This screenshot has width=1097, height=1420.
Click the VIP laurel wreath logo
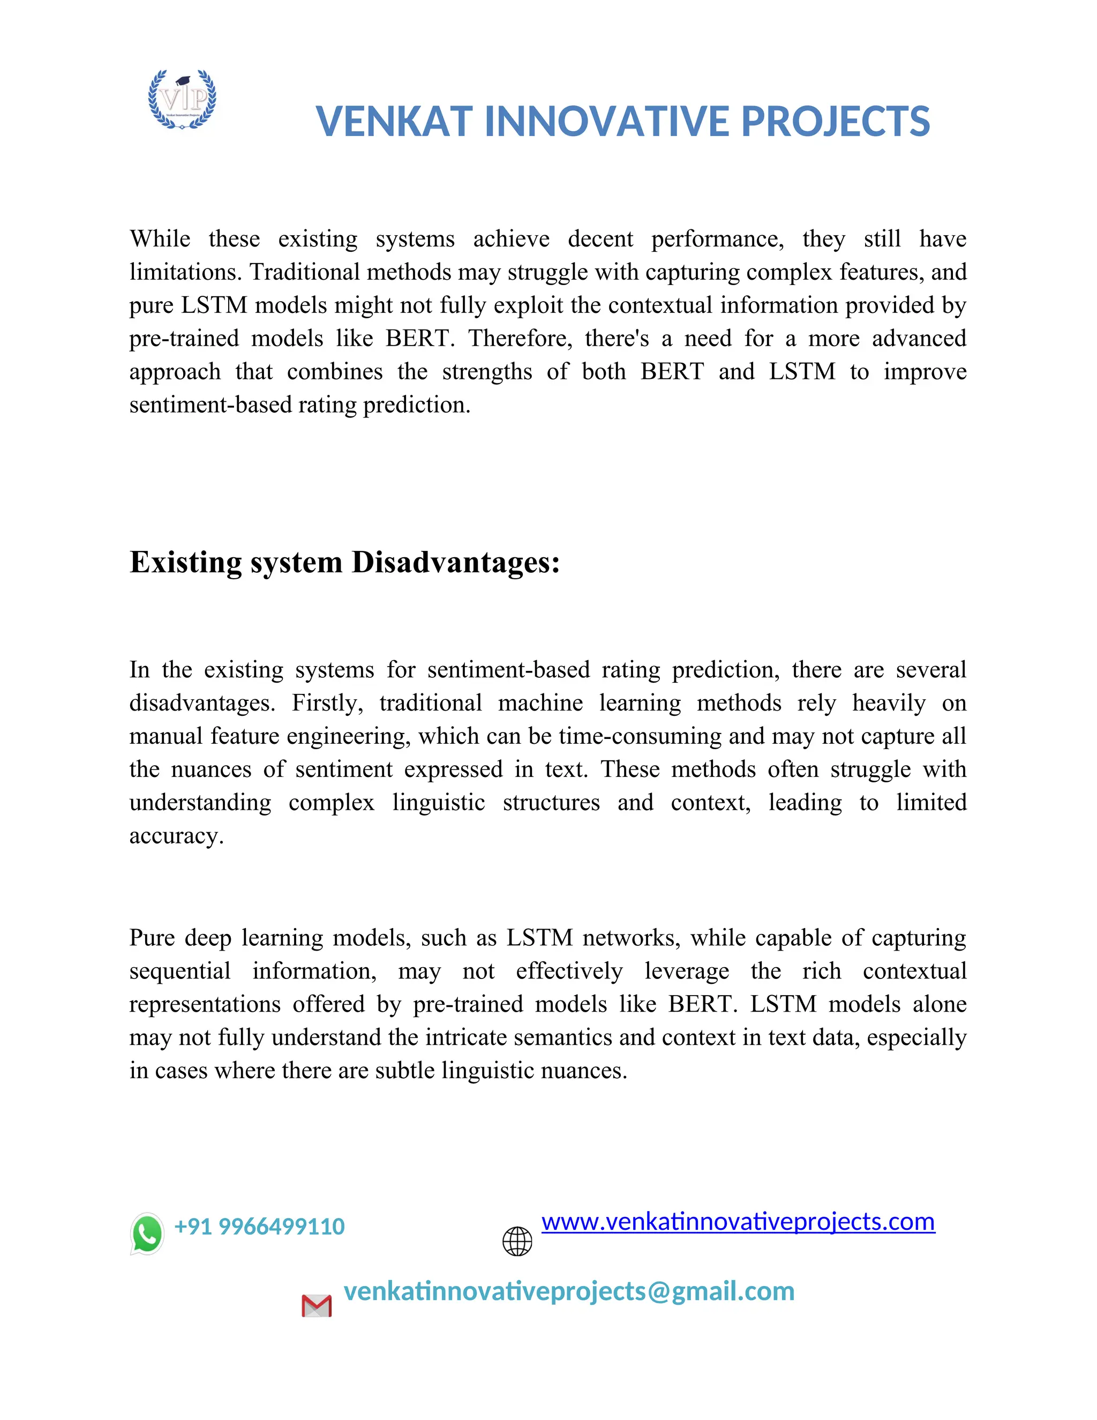pyautogui.click(x=182, y=99)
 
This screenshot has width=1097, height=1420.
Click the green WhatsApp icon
pyautogui.click(x=147, y=1234)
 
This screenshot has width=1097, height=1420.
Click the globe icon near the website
pyautogui.click(x=517, y=1241)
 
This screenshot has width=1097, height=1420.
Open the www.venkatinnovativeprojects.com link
pyautogui.click(x=738, y=1222)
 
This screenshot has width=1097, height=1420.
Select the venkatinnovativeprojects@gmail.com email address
pyautogui.click(x=569, y=1291)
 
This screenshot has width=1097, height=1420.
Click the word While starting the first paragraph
pyautogui.click(x=160, y=240)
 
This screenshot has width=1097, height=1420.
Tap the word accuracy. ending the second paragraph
pyautogui.click(x=176, y=836)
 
